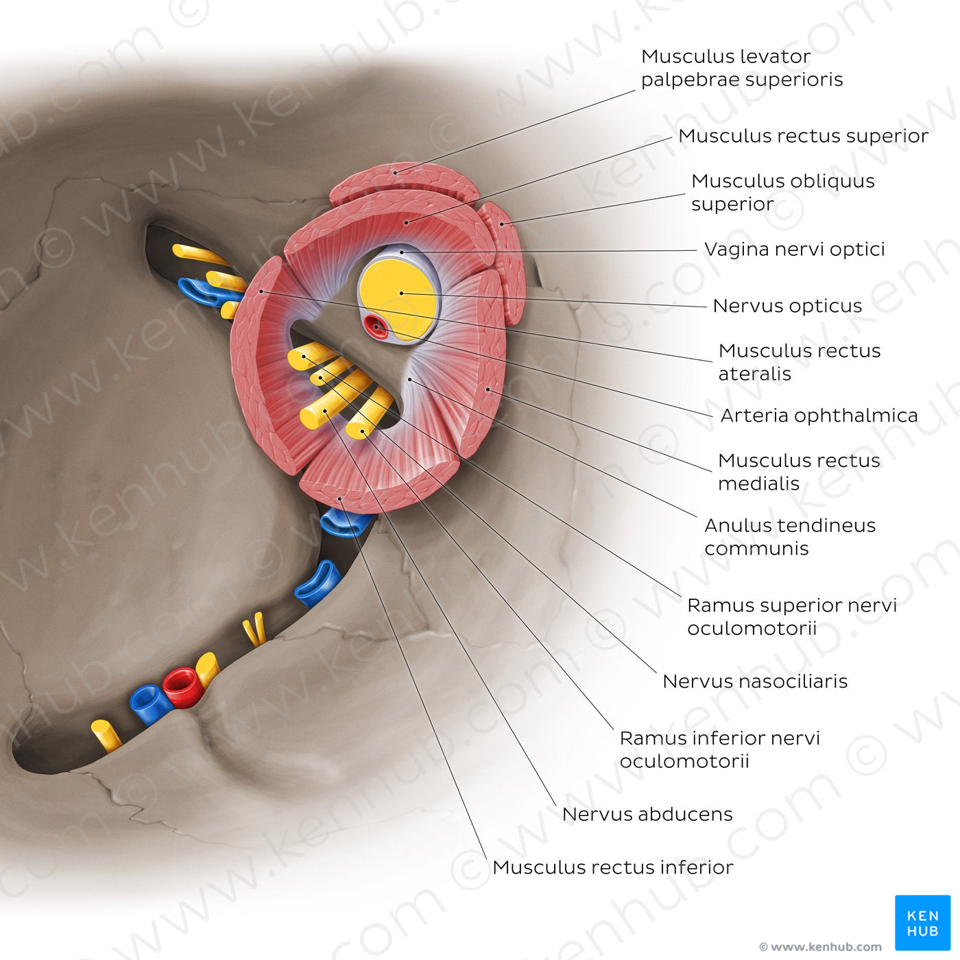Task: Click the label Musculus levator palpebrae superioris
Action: tap(741, 68)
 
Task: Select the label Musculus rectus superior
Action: tap(803, 136)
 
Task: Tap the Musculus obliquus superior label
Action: tap(782, 192)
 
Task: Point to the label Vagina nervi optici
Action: tap(794, 249)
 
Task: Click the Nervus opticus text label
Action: tap(787, 306)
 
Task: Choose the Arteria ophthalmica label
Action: tap(819, 416)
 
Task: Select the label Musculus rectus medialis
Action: tap(799, 472)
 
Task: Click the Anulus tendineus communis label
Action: tap(790, 536)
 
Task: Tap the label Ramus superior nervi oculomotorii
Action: tap(791, 616)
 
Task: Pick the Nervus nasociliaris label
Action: tap(755, 681)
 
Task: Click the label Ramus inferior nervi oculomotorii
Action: tap(719, 749)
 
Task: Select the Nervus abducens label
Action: tap(647, 814)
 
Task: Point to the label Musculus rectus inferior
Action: tap(612, 867)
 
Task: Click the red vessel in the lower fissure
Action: tap(180, 686)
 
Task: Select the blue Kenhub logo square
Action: tap(922, 922)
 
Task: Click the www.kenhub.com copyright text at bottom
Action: tap(820, 947)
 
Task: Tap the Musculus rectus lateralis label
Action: tap(799, 362)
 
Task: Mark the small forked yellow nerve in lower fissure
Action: tap(254, 629)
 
